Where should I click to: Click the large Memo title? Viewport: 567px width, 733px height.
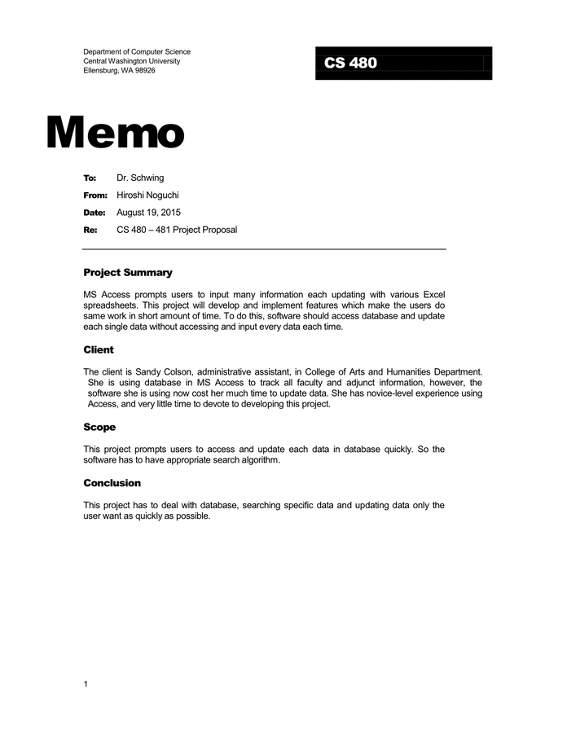tap(116, 132)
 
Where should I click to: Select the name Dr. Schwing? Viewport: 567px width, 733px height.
tap(140, 178)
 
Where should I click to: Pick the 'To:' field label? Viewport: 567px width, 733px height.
tap(90, 178)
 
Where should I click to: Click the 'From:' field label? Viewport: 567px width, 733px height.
tap(94, 195)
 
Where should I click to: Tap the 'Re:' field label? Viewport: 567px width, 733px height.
tap(90, 230)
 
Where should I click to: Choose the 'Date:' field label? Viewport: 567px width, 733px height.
tap(94, 213)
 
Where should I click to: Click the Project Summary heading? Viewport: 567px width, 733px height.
tap(128, 273)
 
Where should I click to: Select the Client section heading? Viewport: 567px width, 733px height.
tap(99, 350)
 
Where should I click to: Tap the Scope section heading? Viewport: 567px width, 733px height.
tap(99, 427)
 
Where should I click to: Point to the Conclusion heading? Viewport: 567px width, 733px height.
tap(112, 483)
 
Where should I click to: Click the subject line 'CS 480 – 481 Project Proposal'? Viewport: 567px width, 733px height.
tap(177, 230)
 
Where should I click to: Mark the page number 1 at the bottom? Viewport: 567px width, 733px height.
tap(86, 684)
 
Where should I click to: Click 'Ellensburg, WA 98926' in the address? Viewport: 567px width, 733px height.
tap(119, 71)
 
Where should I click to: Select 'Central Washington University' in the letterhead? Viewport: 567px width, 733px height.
tap(131, 61)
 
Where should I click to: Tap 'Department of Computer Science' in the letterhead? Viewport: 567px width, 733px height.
tap(137, 52)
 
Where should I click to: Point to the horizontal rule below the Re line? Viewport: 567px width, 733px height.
tap(265, 248)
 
